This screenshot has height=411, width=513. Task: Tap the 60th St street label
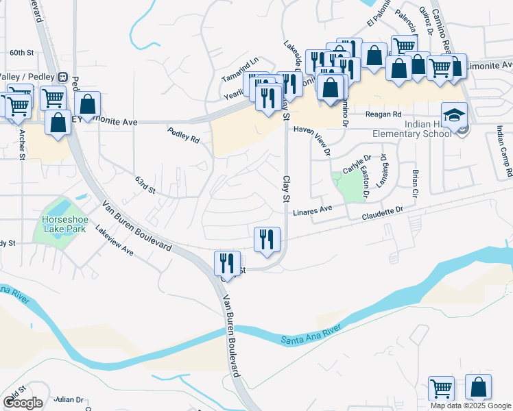tap(22, 53)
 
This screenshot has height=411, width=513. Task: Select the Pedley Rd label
tap(184, 134)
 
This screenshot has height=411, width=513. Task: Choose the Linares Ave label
tap(312, 210)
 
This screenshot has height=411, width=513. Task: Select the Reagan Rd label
tap(383, 115)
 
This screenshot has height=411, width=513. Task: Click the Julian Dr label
tap(69, 399)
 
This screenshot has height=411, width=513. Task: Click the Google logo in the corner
tap(22, 403)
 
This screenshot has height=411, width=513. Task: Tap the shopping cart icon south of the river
tap(442, 387)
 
